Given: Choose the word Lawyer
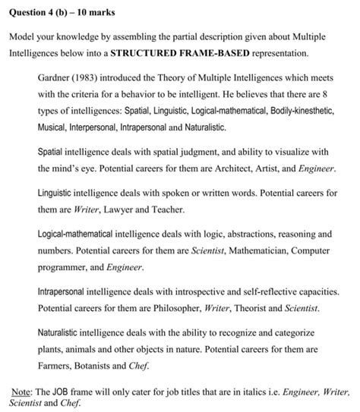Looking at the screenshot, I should [x=122, y=209].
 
